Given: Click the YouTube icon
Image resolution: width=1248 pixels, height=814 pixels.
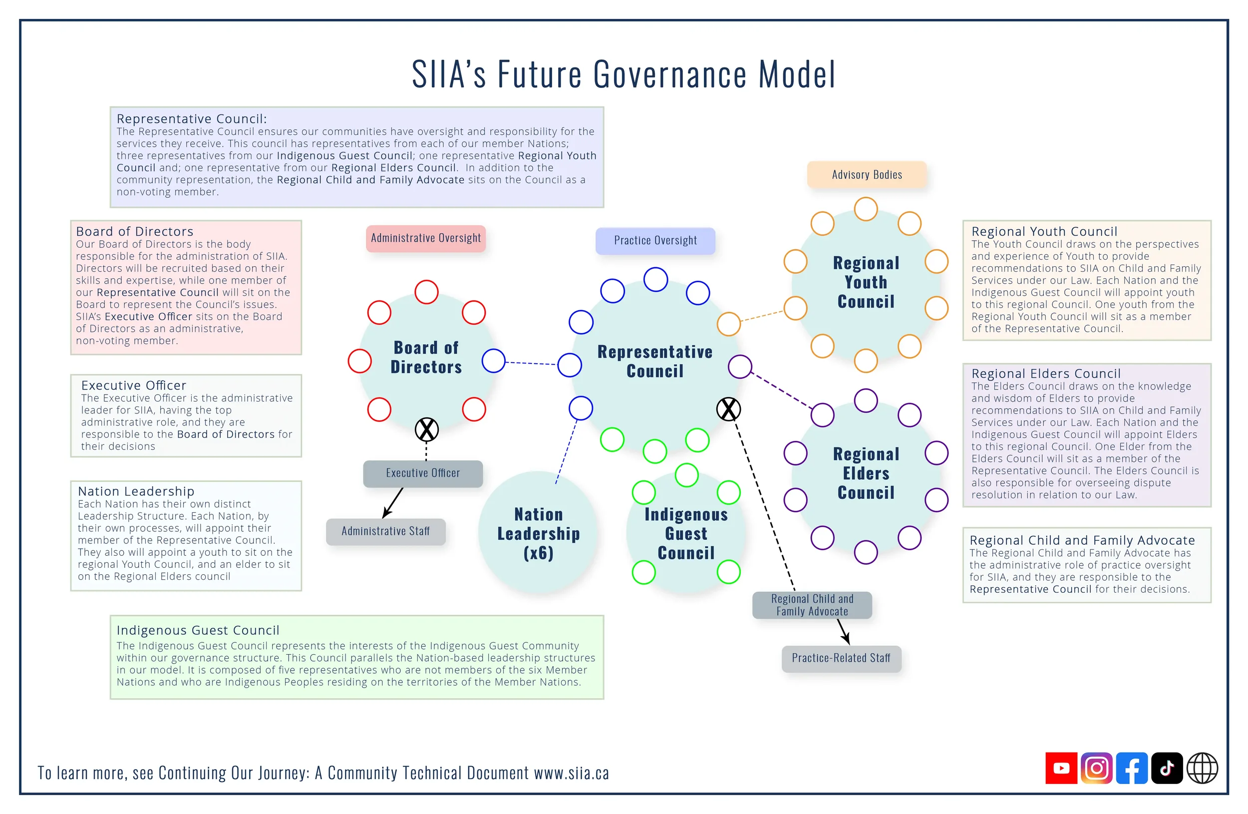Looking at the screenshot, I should pyautogui.click(x=1061, y=768).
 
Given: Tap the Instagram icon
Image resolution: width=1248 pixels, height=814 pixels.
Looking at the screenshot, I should pyautogui.click(x=1096, y=768).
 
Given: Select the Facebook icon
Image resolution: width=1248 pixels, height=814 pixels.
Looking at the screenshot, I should pyautogui.click(x=1132, y=768).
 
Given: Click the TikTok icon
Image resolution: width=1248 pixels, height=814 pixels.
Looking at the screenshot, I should pyautogui.click(x=1166, y=768).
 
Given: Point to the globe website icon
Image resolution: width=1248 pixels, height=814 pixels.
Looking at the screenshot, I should pyautogui.click(x=1202, y=768).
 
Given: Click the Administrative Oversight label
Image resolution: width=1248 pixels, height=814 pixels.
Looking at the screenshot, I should pyautogui.click(x=426, y=239).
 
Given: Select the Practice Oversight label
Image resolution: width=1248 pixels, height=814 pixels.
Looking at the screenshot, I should pyautogui.click(x=655, y=241).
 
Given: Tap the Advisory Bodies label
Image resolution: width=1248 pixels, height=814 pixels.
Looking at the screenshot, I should pyautogui.click(x=867, y=175).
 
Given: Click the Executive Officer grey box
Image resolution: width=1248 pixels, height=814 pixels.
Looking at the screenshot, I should pyautogui.click(x=423, y=473).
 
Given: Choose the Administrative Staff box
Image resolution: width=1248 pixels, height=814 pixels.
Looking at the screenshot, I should pyautogui.click(x=385, y=531).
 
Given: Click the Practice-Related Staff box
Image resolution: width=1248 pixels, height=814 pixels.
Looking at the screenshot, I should pyautogui.click(x=841, y=658).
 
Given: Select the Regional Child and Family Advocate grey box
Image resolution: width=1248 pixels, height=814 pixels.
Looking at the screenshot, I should pyautogui.click(x=812, y=605).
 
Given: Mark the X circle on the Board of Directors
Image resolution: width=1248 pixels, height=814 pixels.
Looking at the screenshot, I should pyautogui.click(x=427, y=429).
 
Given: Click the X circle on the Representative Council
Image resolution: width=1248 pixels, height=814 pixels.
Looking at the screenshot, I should pyautogui.click(x=728, y=409).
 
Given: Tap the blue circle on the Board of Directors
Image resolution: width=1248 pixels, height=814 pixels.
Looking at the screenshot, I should pyautogui.click(x=493, y=361).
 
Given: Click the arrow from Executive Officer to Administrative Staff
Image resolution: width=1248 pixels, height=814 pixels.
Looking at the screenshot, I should pyautogui.click(x=393, y=502).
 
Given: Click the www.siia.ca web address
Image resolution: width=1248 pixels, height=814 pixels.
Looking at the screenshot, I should pyautogui.click(x=572, y=773).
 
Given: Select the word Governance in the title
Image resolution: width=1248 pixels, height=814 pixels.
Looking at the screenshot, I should pyautogui.click(x=669, y=74).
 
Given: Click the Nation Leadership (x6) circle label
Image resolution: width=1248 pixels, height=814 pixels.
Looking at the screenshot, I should pyautogui.click(x=539, y=533).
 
